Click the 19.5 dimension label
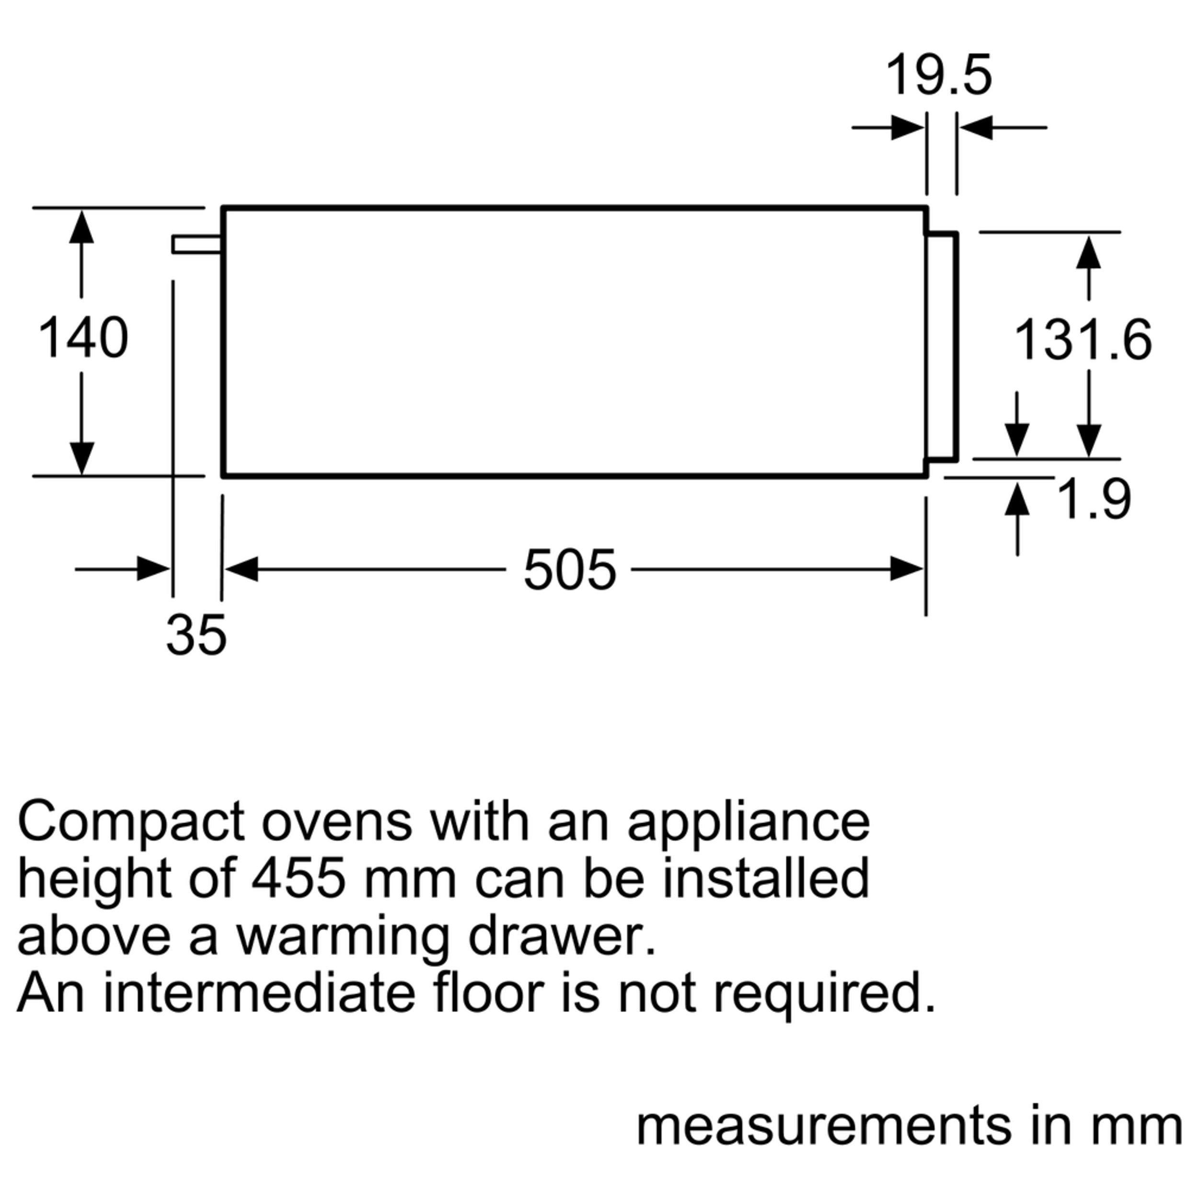[939, 76]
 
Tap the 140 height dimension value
[83, 338]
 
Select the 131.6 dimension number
[1083, 340]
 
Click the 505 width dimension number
[569, 570]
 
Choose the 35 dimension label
[196, 635]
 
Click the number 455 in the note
[298, 879]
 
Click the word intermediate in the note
[259, 993]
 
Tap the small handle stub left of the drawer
[196, 244]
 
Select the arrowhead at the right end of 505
[906, 569]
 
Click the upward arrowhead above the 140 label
[81, 227]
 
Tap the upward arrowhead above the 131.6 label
[1088, 253]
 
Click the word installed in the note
[766, 879]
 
